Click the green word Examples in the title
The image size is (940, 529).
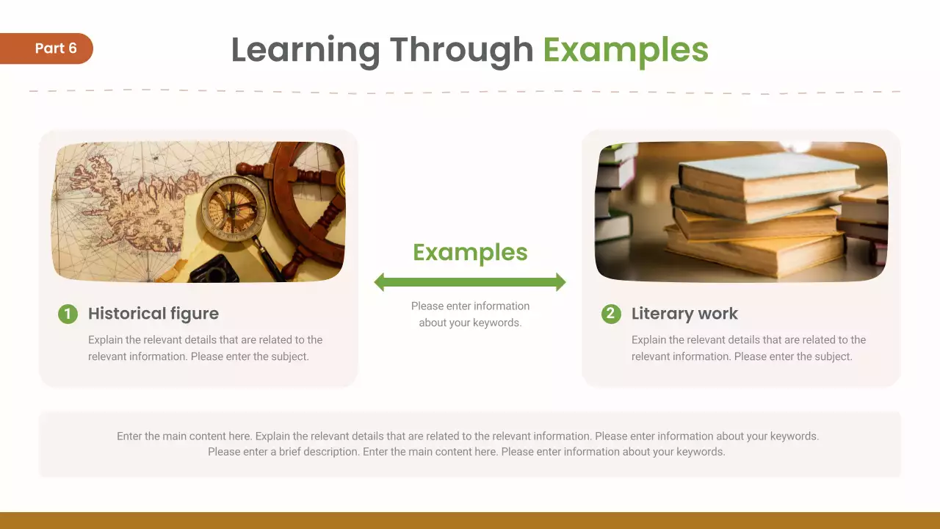[625, 50]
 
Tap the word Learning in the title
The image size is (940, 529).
[305, 50]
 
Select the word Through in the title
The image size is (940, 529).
[461, 50]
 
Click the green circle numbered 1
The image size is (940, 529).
[68, 314]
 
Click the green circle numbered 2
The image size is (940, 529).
[611, 314]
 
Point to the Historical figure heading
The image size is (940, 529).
[153, 314]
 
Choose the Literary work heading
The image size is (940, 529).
[684, 314]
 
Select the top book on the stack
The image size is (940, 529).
[767, 173]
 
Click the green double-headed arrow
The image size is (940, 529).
[470, 282]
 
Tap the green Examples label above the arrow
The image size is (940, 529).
[470, 252]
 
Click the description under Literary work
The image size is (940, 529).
[748, 348]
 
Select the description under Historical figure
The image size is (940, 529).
[205, 348]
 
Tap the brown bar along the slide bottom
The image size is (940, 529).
[470, 520]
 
